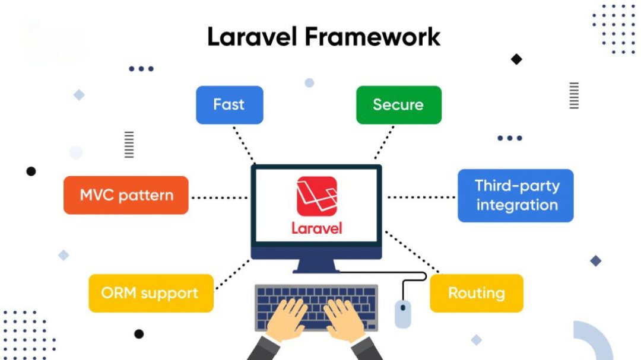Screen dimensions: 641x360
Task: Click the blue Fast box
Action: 229,105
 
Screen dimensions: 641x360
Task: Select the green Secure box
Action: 399,105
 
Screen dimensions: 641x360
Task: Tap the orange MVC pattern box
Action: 126,195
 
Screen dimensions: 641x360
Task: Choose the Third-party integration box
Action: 516,196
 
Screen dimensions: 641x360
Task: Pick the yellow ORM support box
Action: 151,294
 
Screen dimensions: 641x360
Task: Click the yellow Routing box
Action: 476,294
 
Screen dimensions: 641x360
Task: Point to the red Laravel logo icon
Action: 317,196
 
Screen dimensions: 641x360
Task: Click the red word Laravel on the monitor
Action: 317,228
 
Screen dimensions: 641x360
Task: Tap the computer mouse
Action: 402,314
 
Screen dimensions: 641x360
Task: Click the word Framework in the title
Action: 372,37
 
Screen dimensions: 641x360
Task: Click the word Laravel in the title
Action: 252,37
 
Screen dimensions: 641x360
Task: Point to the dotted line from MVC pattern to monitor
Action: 220,197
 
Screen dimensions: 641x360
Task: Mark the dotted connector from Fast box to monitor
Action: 244,144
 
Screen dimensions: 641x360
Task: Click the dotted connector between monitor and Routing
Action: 412,252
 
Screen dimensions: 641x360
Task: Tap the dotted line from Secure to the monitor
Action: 384,142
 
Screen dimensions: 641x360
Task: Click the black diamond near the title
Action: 516,59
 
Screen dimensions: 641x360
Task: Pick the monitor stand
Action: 316,266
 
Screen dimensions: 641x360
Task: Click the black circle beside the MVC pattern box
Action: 31,171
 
